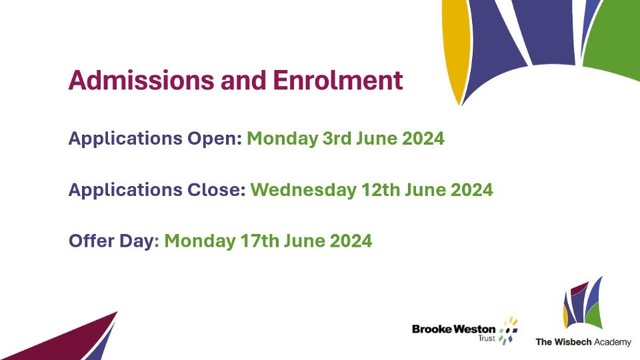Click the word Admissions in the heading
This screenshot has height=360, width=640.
click(141, 80)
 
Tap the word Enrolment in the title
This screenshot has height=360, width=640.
click(338, 80)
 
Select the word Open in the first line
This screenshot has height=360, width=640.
click(215, 139)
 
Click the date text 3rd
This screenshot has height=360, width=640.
click(337, 139)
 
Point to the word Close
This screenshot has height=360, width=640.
click(216, 190)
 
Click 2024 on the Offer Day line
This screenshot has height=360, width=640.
click(351, 241)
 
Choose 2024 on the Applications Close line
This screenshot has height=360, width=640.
click(472, 190)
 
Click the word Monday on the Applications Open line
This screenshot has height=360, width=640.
click(283, 139)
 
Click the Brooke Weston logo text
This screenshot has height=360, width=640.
click(454, 329)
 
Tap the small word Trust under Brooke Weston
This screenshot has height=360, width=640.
click(487, 339)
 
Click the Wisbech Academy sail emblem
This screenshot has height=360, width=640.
click(583, 304)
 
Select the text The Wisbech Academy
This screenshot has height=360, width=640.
click(583, 342)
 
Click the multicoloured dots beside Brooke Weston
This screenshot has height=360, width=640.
click(509, 330)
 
